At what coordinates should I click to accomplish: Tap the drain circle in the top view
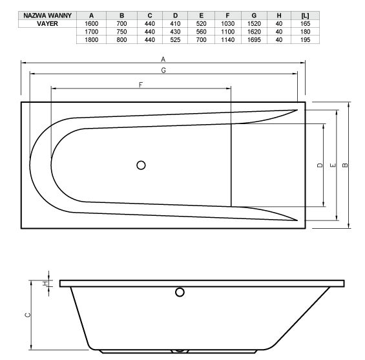point(141,165)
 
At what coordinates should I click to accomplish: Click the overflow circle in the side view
point(178,293)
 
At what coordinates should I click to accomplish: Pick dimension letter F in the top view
point(140,85)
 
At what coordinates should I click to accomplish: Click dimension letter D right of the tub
point(320,165)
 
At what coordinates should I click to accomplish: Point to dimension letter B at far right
point(346,165)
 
